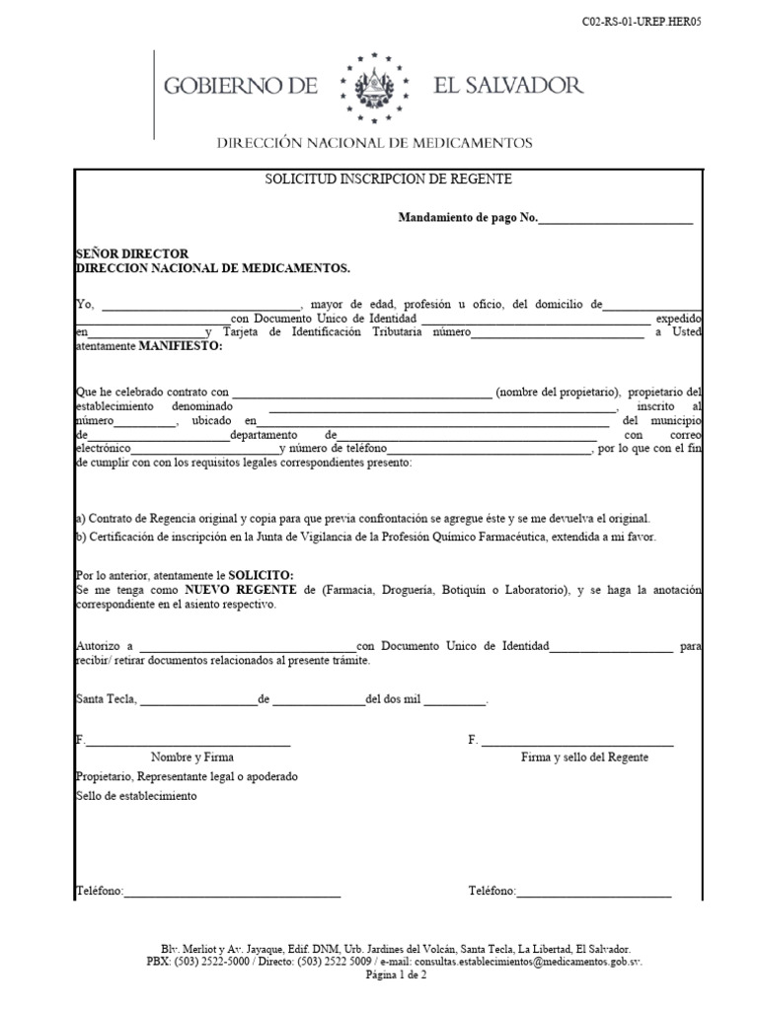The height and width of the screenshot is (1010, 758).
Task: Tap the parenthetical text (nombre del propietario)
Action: pos(558,391)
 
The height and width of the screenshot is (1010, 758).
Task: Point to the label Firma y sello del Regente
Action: pos(584,757)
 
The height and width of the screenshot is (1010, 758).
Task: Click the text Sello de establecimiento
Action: pos(136,796)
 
